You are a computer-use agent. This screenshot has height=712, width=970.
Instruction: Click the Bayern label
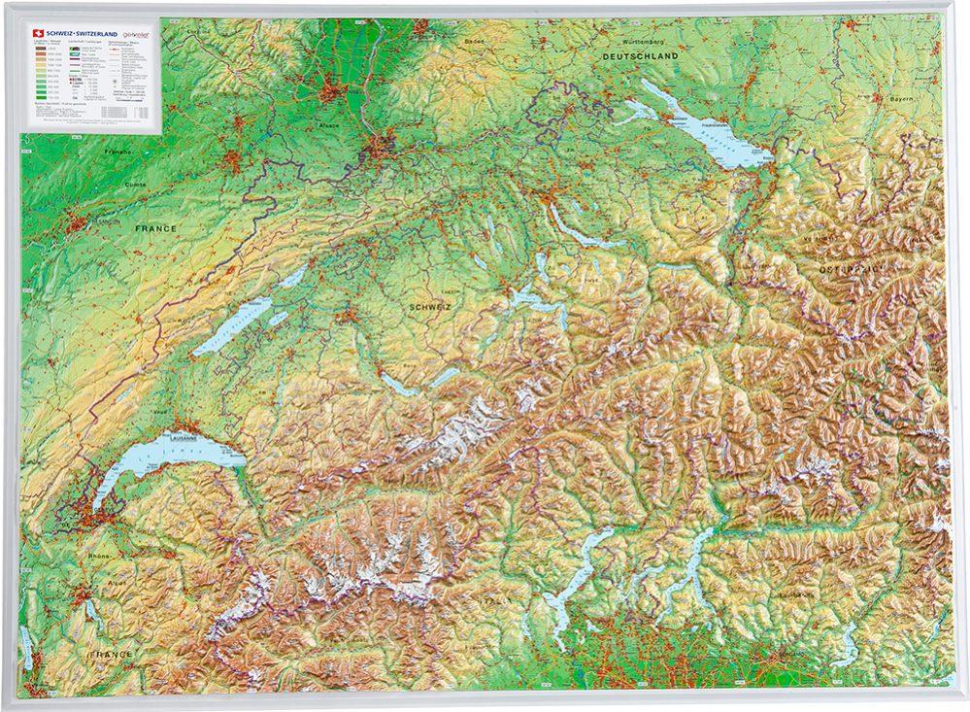point(903,99)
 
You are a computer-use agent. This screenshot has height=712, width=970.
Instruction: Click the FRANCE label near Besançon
point(156,228)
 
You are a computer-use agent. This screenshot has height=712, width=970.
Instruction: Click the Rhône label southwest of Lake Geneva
point(99,557)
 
